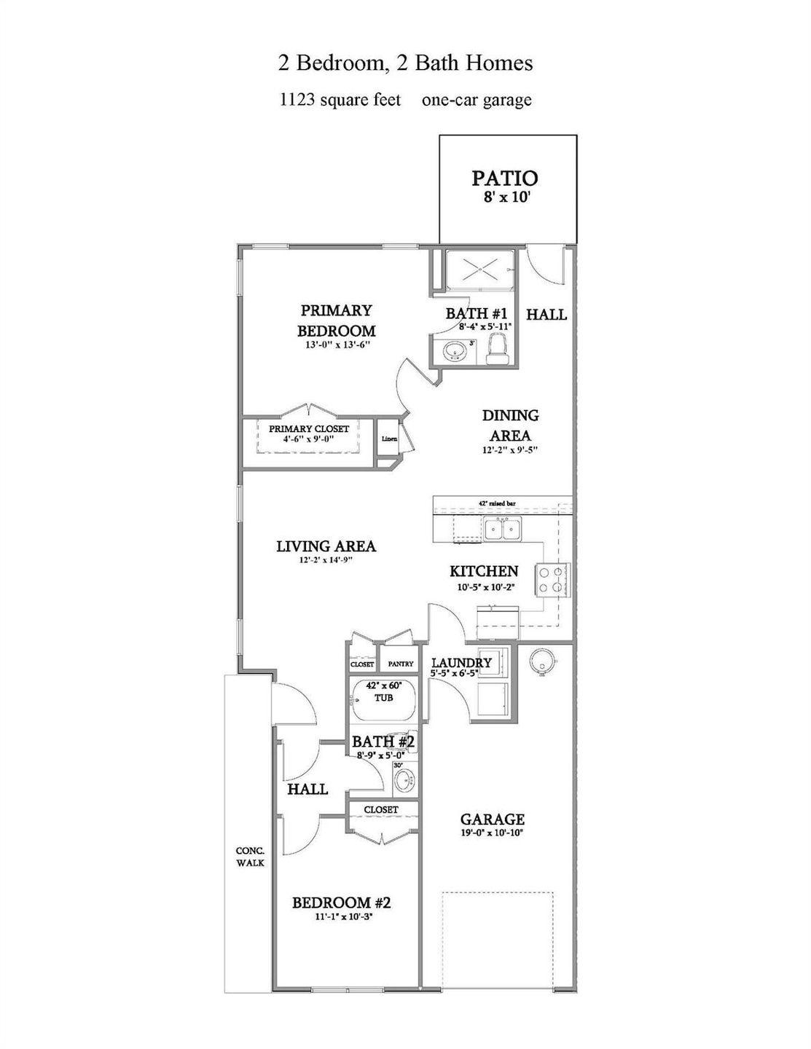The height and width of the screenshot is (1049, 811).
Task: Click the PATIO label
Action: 504,178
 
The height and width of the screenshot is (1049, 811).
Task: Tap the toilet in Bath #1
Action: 499,348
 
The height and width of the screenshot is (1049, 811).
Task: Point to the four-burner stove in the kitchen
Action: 553,580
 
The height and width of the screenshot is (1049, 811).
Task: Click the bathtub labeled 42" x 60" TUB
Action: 383,699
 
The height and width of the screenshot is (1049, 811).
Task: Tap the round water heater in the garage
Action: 542,660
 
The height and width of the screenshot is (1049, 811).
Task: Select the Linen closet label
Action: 389,439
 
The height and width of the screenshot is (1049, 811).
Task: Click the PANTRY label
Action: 401,664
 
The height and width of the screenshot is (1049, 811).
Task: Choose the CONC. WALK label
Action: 250,857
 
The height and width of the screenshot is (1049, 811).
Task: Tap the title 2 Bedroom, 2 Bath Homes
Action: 405,63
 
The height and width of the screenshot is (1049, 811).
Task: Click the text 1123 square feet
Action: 340,100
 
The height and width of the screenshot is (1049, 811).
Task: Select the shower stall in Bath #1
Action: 480,270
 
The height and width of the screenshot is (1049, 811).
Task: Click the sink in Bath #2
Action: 403,781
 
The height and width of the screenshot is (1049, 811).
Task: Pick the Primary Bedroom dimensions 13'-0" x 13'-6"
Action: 337,345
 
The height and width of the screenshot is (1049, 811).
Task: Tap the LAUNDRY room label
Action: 461,663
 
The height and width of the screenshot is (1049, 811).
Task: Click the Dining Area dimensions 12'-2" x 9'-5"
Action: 510,450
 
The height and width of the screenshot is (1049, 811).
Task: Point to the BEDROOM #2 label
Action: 342,903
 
